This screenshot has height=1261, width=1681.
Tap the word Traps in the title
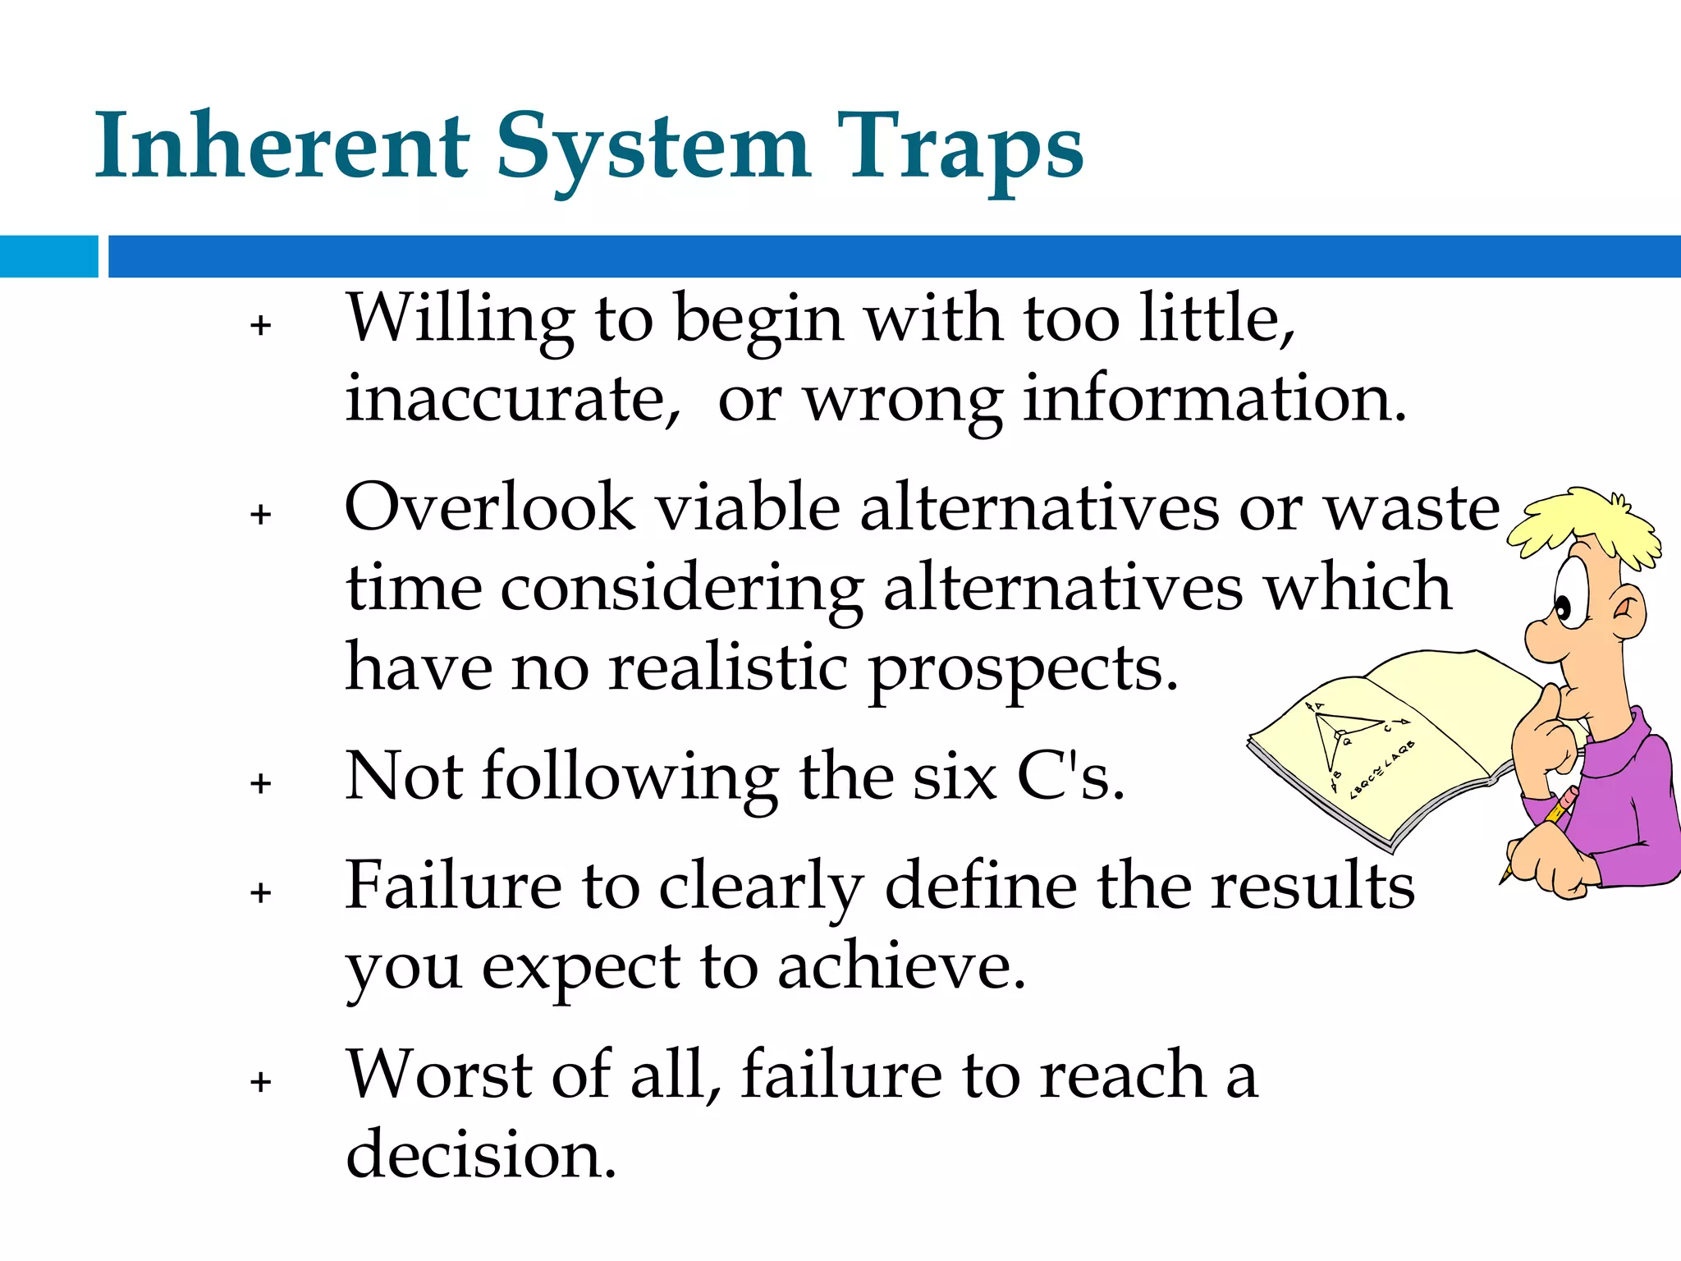[x=960, y=148]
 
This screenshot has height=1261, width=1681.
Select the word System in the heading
[x=653, y=148]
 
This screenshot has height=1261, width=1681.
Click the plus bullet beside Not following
[x=261, y=783]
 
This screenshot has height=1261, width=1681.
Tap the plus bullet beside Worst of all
[x=261, y=1082]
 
